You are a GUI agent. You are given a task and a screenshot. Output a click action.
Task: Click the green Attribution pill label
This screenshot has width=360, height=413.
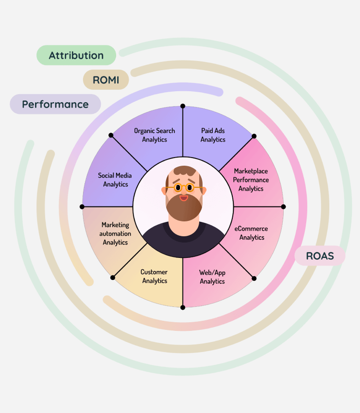tap(76, 55)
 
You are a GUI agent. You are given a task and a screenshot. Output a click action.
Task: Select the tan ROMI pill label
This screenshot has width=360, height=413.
tap(106, 80)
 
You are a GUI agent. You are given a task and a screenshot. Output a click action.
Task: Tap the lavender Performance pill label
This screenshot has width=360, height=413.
tap(55, 104)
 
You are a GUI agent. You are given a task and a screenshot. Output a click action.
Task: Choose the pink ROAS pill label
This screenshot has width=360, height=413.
tap(320, 256)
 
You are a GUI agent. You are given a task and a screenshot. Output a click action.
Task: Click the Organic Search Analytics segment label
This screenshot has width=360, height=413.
tap(155, 135)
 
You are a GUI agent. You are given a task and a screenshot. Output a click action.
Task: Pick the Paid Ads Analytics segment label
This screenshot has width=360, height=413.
tap(213, 135)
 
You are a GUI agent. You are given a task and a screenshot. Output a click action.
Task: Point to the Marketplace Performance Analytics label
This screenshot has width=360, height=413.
tap(251, 180)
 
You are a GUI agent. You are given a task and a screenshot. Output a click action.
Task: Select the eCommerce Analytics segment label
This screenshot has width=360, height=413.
tap(252, 233)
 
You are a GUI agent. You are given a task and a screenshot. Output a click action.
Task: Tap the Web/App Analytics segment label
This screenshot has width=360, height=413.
tap(212, 277)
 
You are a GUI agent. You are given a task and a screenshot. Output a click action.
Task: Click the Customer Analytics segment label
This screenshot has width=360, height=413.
tap(154, 276)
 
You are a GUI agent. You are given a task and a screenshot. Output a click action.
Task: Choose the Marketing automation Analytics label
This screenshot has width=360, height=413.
tap(115, 233)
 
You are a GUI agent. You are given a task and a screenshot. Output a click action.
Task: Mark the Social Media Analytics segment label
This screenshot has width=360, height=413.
tap(115, 180)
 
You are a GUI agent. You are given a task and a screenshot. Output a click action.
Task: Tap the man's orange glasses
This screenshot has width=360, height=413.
tap(184, 187)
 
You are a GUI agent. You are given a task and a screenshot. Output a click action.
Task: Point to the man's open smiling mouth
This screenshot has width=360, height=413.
tap(184, 197)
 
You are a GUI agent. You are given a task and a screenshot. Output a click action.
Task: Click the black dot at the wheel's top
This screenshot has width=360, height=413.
tap(182, 106)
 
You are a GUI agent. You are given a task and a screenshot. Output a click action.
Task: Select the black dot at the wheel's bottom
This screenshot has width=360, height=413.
tap(182, 307)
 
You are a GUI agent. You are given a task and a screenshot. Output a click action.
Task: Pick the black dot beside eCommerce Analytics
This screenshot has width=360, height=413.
tap(283, 206)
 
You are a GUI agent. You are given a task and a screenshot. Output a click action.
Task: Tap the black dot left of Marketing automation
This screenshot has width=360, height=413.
tap(82, 206)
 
